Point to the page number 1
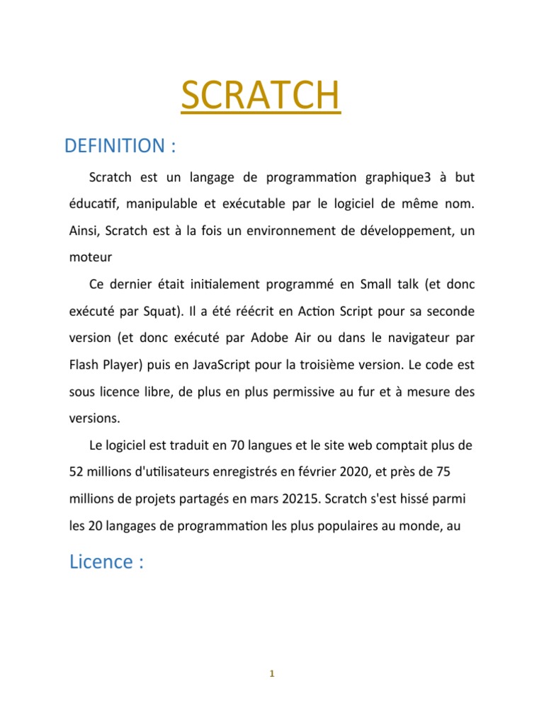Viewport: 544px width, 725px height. (x=272, y=674)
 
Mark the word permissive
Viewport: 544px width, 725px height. (x=309, y=391)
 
